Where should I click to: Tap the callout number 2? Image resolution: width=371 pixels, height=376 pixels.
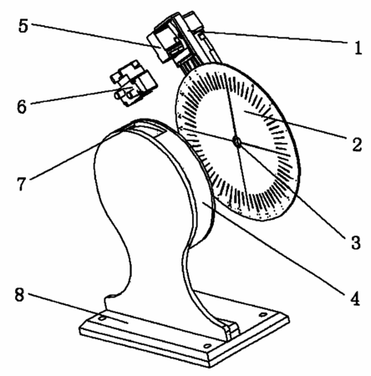[x=357, y=144]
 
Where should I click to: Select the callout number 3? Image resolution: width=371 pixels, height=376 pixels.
[x=355, y=241]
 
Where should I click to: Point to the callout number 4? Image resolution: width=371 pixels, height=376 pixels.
[x=355, y=298]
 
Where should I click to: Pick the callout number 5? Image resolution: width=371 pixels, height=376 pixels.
[x=23, y=26]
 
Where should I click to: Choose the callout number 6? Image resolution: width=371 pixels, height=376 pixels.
[x=22, y=106]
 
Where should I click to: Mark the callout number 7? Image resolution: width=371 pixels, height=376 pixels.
[x=22, y=184]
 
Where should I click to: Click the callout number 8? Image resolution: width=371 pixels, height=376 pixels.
[x=20, y=295]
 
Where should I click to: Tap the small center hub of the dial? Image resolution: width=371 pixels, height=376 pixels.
[x=237, y=142]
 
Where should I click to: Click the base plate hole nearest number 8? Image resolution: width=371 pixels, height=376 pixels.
[x=102, y=318]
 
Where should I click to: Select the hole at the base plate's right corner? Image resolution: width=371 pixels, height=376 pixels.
[x=262, y=315]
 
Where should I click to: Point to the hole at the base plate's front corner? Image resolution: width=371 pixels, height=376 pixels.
[x=207, y=346]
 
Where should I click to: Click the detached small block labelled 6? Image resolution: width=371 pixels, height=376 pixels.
[x=134, y=83]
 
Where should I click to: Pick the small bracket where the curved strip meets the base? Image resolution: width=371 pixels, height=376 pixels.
[x=231, y=329]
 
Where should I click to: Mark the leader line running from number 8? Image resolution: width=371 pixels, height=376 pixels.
[x=79, y=308]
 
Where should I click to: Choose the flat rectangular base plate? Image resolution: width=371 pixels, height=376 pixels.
[x=185, y=328]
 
